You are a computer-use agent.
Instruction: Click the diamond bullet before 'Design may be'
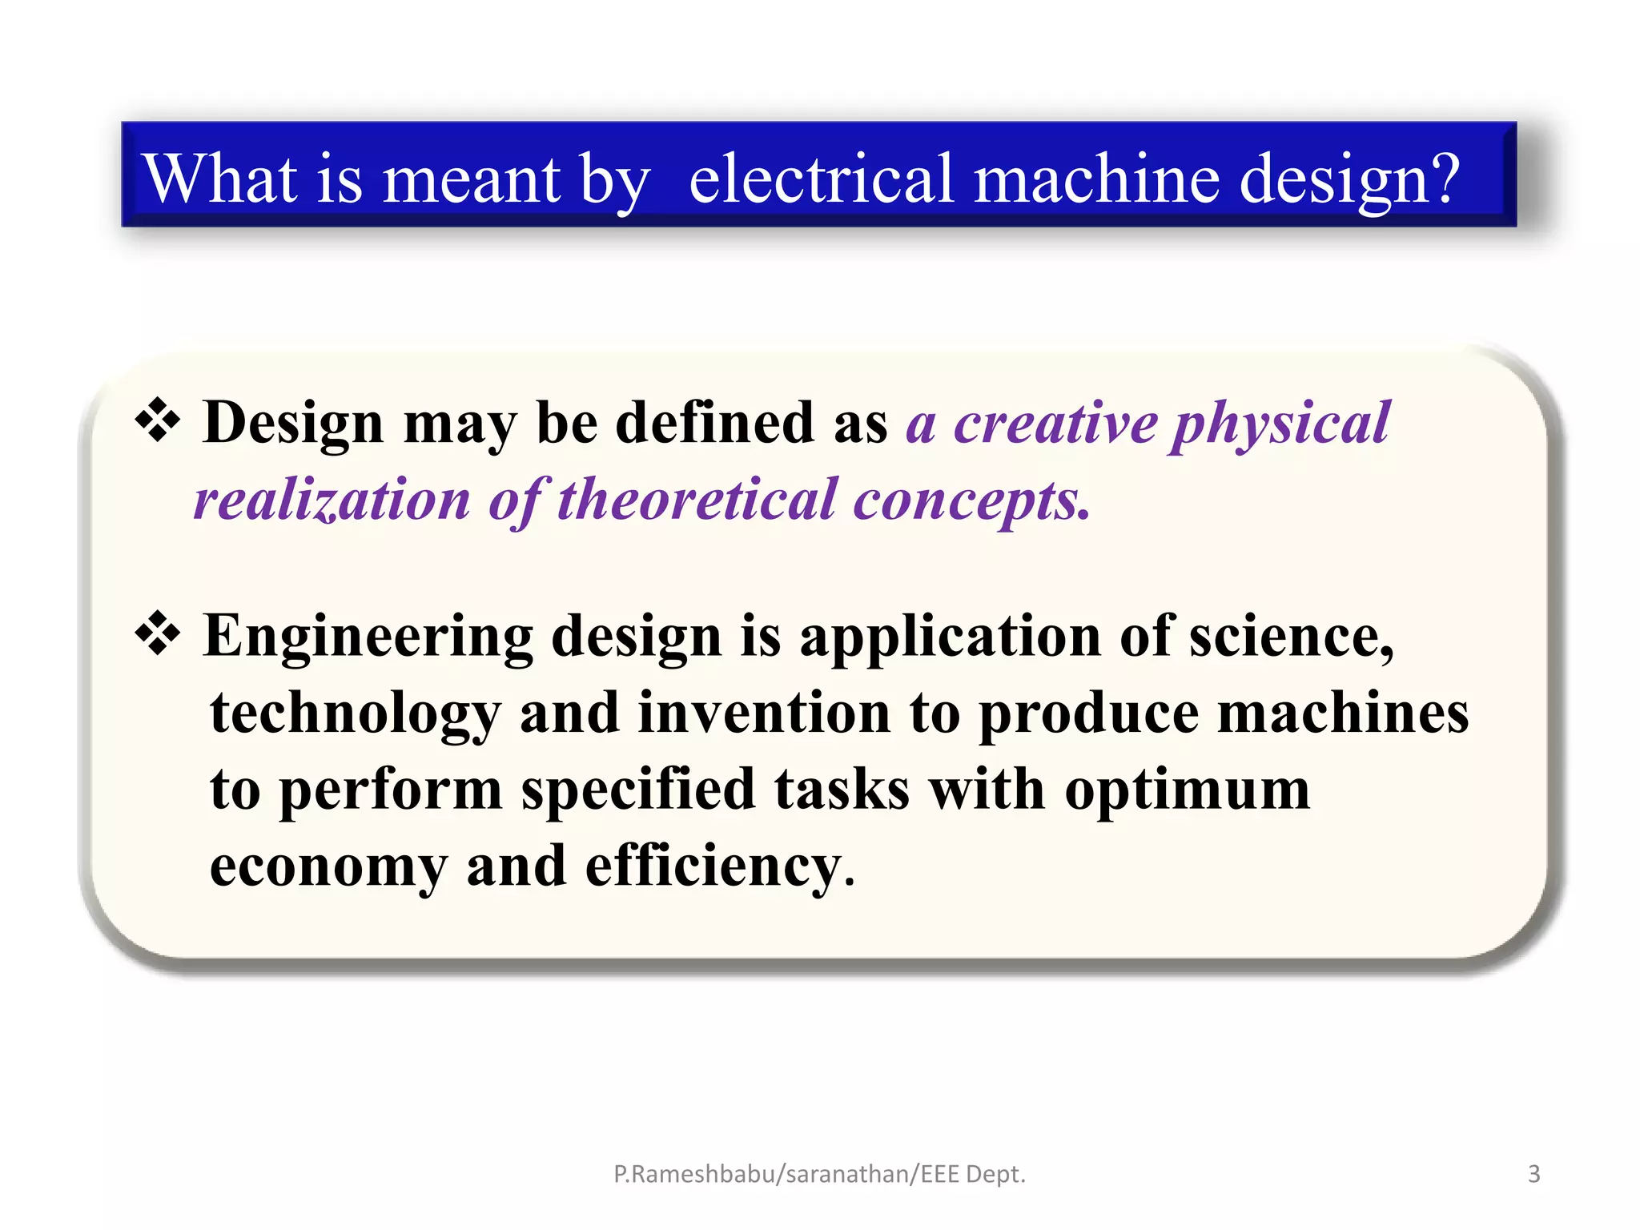[x=158, y=420]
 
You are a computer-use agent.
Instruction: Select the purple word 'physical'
[x=1280, y=424]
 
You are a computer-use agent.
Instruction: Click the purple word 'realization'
[x=332, y=500]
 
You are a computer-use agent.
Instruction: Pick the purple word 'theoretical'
[x=696, y=500]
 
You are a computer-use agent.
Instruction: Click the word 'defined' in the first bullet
[x=714, y=423]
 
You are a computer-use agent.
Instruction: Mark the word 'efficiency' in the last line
[x=713, y=867]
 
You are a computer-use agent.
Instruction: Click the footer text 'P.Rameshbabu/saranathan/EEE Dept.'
[x=819, y=1174]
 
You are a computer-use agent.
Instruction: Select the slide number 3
[x=1533, y=1174]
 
